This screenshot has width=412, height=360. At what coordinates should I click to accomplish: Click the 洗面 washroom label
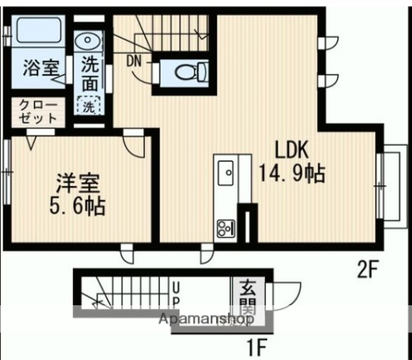(x=89, y=75)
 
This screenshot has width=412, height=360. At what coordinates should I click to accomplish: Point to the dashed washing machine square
(x=89, y=106)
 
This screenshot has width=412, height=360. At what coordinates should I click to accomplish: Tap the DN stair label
(x=135, y=60)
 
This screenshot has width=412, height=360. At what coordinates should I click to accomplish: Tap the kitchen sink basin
(x=226, y=175)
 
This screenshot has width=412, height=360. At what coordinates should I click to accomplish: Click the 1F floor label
(x=258, y=348)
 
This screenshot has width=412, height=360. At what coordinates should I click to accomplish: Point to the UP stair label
(x=176, y=294)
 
